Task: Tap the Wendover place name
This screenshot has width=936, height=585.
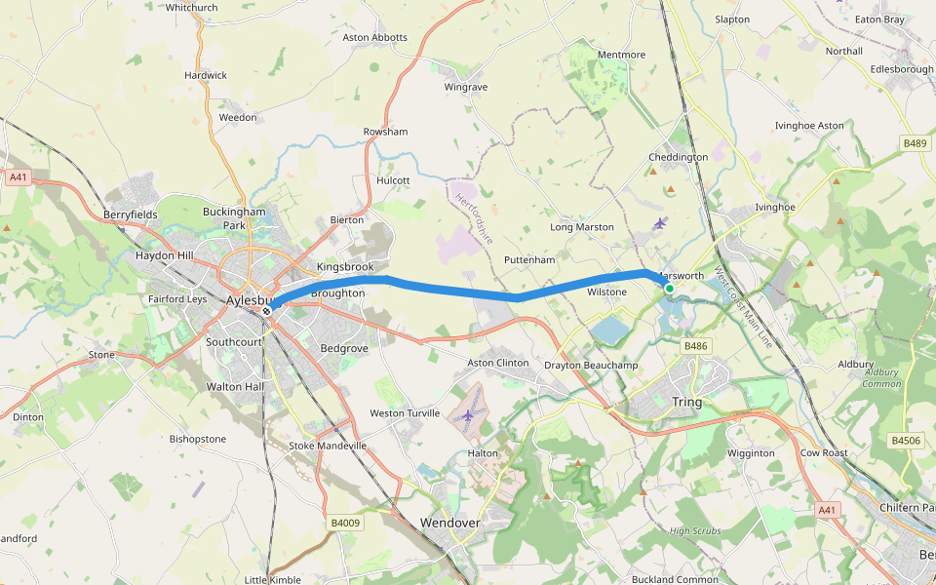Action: pos(449,523)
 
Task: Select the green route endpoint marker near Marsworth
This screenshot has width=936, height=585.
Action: pos(670,289)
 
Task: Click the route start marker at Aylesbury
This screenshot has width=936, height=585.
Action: pos(266,311)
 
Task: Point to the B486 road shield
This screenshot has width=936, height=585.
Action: pos(695,346)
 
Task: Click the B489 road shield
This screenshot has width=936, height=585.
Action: pos(915,143)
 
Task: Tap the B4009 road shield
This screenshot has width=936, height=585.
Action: pos(345,523)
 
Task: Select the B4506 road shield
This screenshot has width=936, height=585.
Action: pos(906,441)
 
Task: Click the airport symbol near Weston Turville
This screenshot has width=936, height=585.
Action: pos(468,415)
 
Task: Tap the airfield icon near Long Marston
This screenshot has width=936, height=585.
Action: pos(661,223)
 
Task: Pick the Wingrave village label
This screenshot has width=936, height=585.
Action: pos(465,87)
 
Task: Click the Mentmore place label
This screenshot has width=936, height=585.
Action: pos(621,55)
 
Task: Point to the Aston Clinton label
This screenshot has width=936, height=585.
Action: pos(498,363)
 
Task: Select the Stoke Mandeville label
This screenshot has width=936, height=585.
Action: pos(329,446)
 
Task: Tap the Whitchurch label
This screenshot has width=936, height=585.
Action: pos(192,7)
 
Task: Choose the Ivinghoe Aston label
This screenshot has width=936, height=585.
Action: pos(808,126)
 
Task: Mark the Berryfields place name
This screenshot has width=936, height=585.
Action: pos(131,214)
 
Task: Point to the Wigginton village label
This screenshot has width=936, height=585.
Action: pos(751,452)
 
